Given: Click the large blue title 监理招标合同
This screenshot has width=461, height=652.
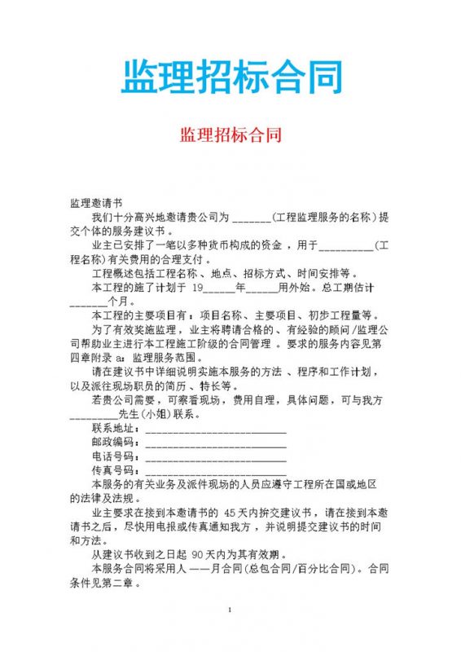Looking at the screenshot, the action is [230, 77].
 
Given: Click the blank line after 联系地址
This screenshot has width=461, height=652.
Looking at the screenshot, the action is [215, 429].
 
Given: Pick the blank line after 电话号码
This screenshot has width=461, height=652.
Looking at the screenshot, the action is [215, 456].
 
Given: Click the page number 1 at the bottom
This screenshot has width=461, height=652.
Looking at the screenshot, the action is [230, 610].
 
